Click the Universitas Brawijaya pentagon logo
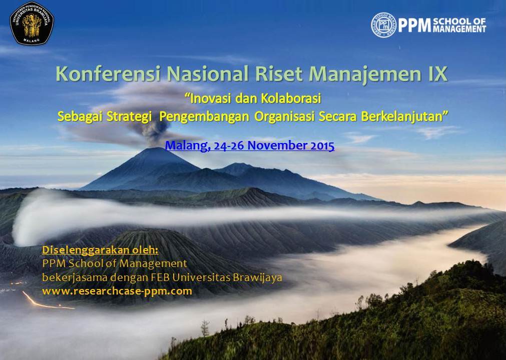pyautogui.click(x=32, y=23)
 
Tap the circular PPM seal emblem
pyautogui.click(x=383, y=25)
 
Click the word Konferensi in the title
pyautogui.click(x=108, y=74)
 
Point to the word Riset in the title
pyautogui.click(x=279, y=74)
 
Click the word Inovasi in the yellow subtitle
pyautogui.click(x=208, y=98)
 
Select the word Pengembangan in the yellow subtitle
pyautogui.click(x=204, y=117)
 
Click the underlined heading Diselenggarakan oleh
pyautogui.click(x=101, y=250)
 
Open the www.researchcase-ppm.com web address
pyautogui.click(x=117, y=291)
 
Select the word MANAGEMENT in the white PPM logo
pyautogui.click(x=459, y=29)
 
